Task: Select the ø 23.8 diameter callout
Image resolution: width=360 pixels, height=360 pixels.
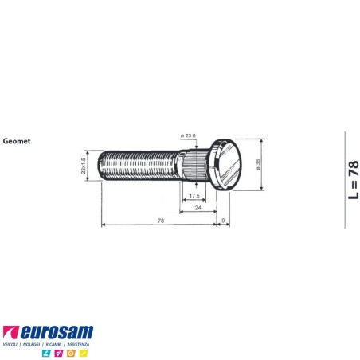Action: coord(190,135)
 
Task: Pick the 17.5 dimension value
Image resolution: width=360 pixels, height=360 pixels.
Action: coord(194,194)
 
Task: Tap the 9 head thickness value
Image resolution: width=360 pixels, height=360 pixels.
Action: coord(224,220)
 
